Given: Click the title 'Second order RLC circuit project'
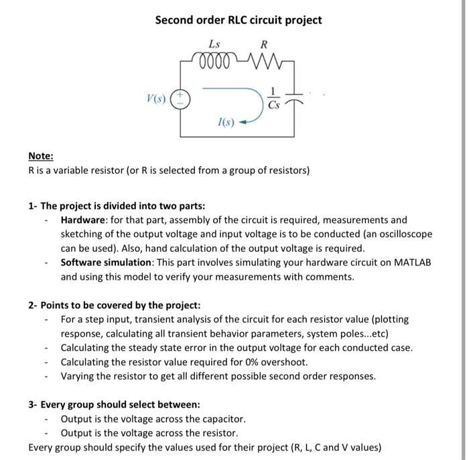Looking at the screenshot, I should point(239,20).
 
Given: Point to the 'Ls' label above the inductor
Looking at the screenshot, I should point(214,44).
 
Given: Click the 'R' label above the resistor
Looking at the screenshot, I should point(264,45).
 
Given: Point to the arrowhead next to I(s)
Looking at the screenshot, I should point(243,122).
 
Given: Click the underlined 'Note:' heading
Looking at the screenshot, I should point(41,156).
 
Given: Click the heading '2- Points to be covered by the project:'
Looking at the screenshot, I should point(114,305).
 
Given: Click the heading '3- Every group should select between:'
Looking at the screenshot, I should point(114,404).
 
